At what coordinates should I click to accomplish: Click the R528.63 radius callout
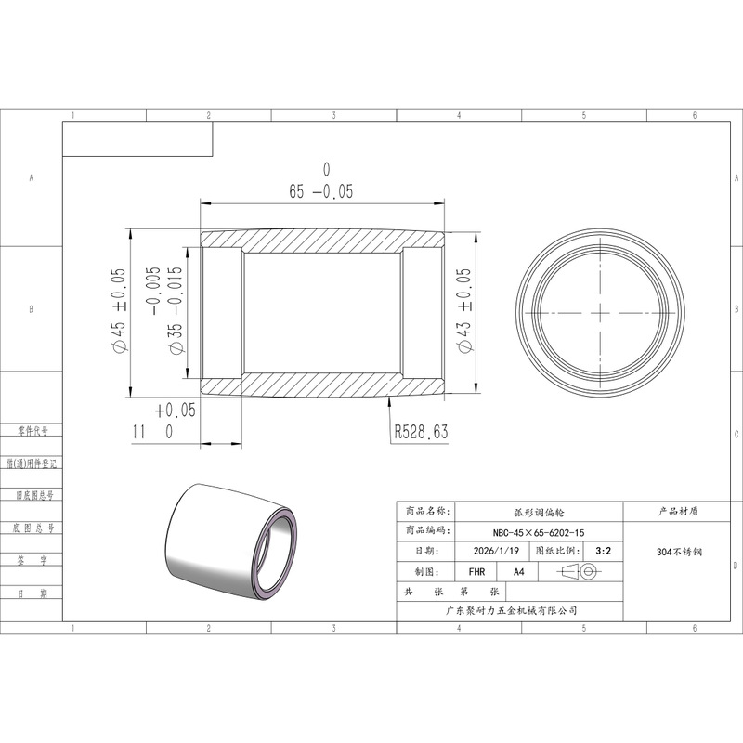422,432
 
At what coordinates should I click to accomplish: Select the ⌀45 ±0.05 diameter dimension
118,310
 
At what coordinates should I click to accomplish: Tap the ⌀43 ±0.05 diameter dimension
465,310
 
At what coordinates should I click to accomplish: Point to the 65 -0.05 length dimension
321,191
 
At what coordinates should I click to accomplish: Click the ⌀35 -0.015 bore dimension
175,310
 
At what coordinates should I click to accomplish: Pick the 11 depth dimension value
139,432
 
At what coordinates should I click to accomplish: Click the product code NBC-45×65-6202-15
539,532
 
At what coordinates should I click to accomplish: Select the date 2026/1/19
496,551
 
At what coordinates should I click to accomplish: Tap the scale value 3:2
603,551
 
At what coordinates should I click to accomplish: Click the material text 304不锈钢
679,552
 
